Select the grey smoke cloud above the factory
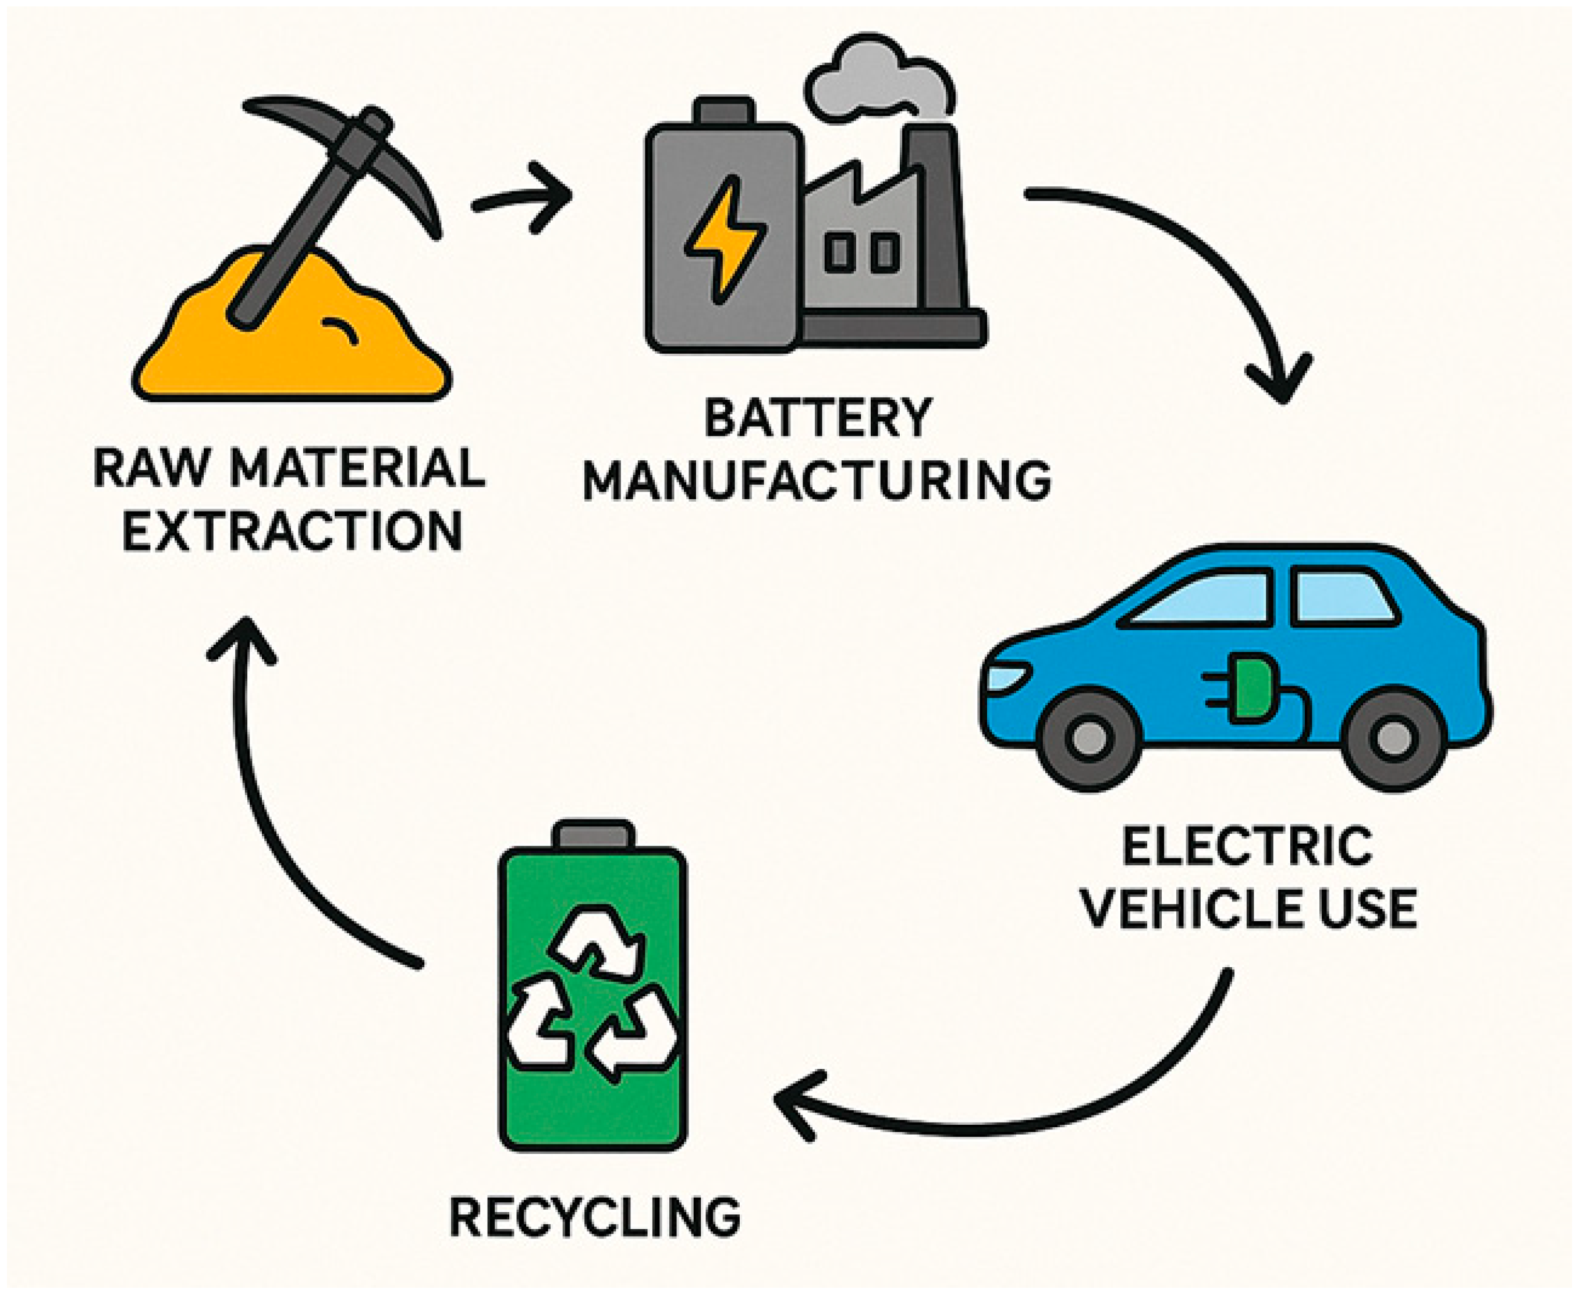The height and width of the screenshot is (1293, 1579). (x=879, y=82)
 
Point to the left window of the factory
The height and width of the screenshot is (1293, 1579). (x=839, y=253)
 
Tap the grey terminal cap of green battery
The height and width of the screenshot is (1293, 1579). (x=594, y=834)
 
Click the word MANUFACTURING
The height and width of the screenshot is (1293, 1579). (x=817, y=481)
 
